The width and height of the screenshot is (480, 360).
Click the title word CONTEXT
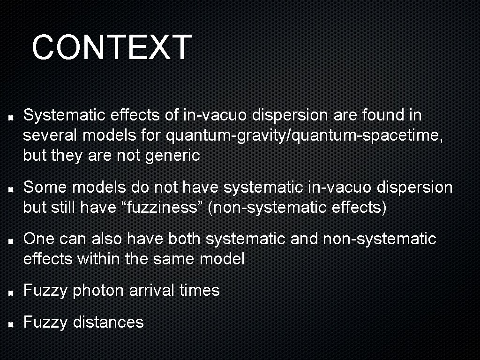click(x=112, y=47)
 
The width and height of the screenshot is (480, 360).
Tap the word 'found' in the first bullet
click(x=375, y=115)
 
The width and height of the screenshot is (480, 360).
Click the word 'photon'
click(x=98, y=291)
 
